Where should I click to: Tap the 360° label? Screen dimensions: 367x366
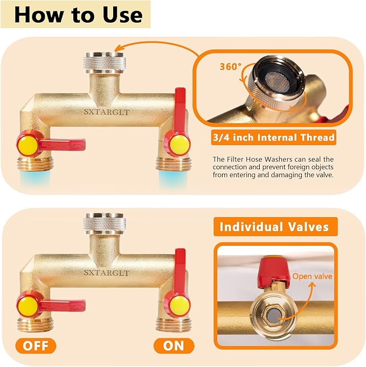pos(230,67)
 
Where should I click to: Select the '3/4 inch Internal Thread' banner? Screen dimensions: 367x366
pos(274,137)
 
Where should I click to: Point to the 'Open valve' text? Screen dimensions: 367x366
pos(312,276)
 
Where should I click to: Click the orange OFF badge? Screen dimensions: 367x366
pos(39,345)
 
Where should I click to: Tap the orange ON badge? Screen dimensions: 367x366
pos(174,345)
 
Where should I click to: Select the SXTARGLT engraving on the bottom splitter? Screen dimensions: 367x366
pos(106,273)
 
